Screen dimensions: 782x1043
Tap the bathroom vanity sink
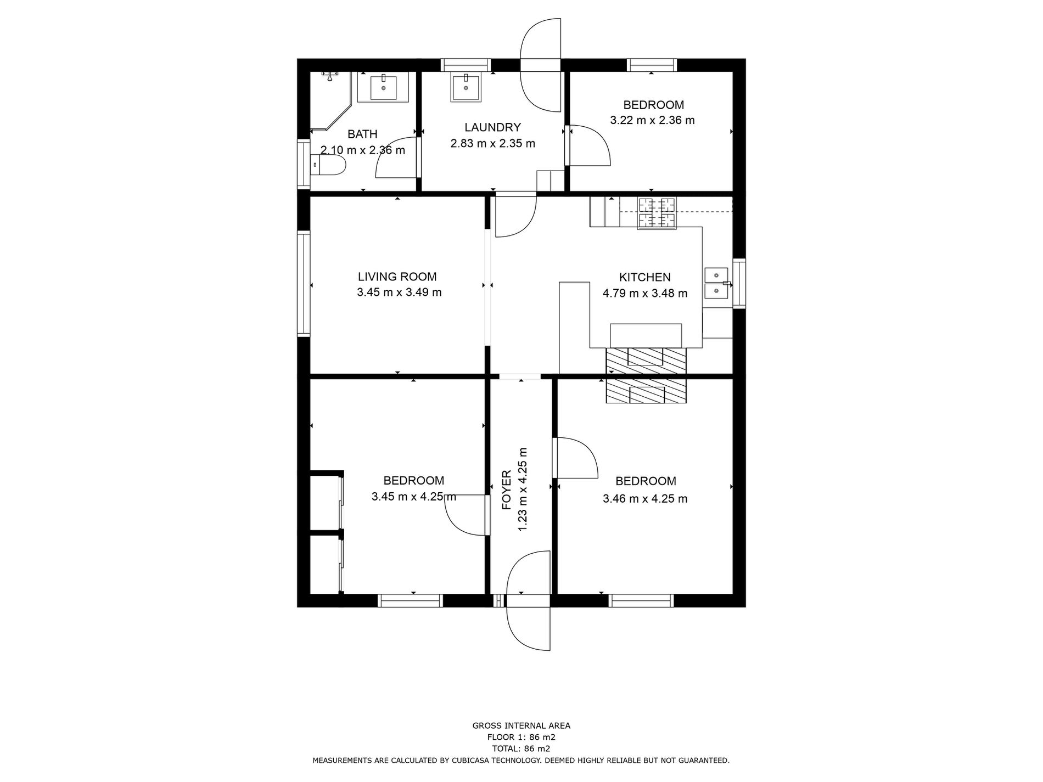click(x=383, y=87)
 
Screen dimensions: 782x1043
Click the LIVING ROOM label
click(x=397, y=277)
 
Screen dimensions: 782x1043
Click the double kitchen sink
click(x=716, y=282)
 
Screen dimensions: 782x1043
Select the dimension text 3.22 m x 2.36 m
click(x=652, y=120)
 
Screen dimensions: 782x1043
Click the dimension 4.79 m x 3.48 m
click(x=644, y=294)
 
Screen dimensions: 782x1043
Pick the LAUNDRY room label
click(x=492, y=127)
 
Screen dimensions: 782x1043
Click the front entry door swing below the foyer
click(x=528, y=628)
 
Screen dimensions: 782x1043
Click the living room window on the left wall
click(x=304, y=283)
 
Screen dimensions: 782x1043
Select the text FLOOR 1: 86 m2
click(x=521, y=737)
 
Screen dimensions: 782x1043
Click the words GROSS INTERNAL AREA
click(x=521, y=725)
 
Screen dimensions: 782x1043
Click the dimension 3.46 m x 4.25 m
click(x=644, y=499)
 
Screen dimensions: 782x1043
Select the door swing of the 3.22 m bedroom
click(x=589, y=145)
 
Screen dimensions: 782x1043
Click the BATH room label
click(x=362, y=134)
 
